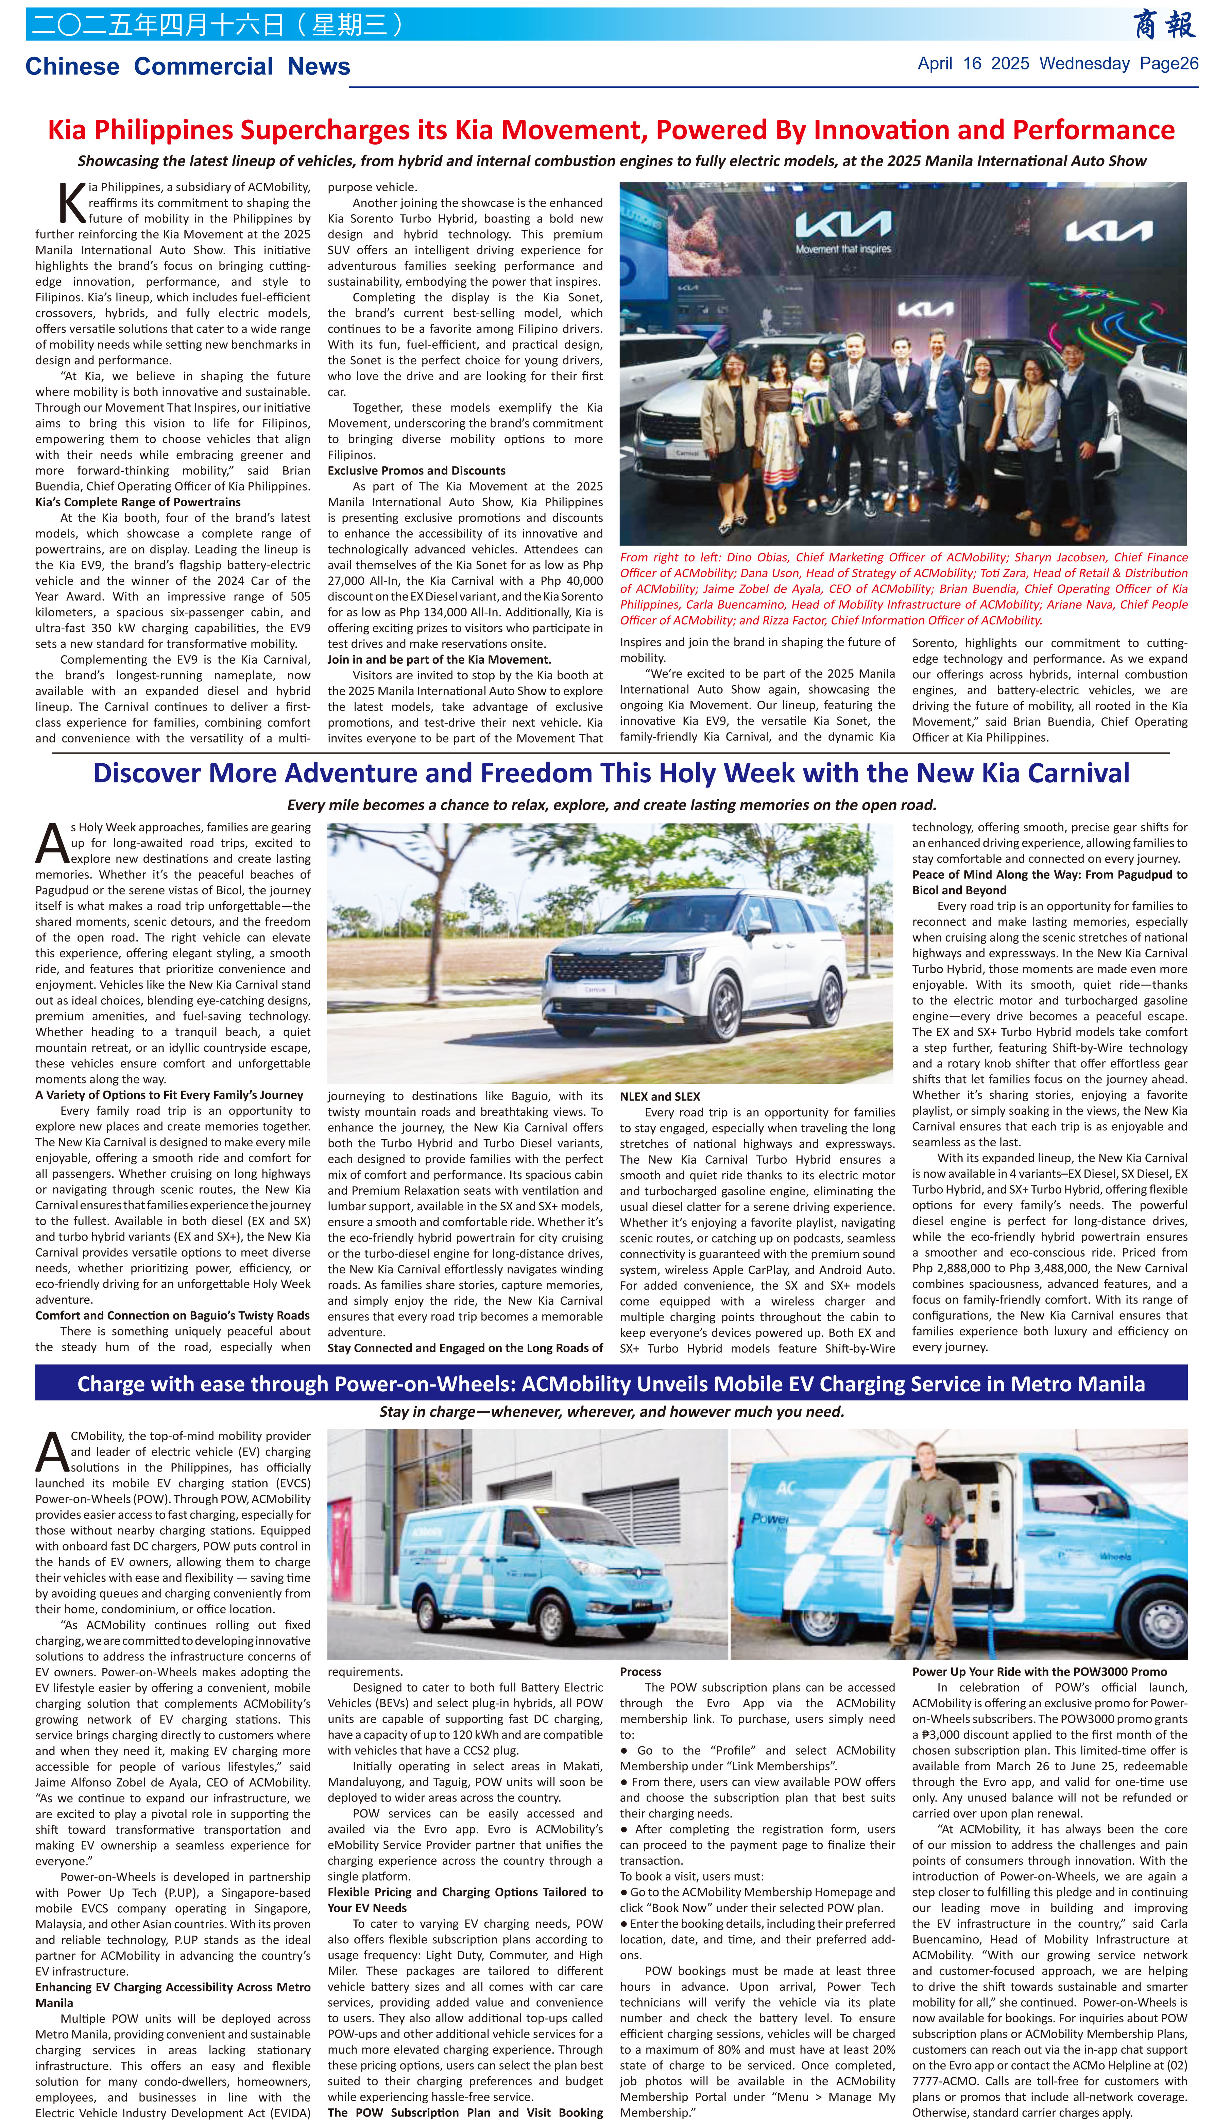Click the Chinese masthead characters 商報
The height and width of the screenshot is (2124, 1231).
(1164, 25)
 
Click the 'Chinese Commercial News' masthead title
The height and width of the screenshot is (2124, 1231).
(187, 67)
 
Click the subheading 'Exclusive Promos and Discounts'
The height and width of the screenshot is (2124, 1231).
(416, 470)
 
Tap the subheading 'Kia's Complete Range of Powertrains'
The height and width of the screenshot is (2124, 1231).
(137, 501)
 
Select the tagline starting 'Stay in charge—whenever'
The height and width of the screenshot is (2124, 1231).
(611, 1411)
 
